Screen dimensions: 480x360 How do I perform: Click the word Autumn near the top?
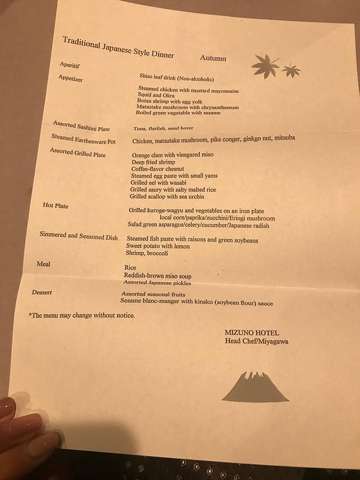pos(213,58)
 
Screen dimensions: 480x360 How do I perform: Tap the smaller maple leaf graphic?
pos(291,70)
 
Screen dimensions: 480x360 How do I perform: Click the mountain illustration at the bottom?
pos(255,387)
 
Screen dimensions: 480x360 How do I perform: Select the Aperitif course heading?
pos(70,65)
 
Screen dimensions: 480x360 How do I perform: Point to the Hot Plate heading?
pos(56,205)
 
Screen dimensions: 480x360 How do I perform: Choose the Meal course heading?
pos(43,264)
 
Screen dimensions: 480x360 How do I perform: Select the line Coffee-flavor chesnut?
pos(157,169)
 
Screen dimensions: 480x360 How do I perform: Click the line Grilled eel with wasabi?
pos(159,183)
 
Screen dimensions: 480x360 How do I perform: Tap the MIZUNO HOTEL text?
pos(251,333)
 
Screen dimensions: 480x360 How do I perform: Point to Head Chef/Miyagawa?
pos(256,341)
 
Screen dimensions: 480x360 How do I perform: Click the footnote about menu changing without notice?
pos(82,315)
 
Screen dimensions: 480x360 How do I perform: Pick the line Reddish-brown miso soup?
pos(157,276)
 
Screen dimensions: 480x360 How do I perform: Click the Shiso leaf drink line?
pos(177,79)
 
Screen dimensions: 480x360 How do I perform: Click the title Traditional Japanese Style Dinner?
pos(118,47)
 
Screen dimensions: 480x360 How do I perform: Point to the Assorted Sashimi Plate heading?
pos(81,125)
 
